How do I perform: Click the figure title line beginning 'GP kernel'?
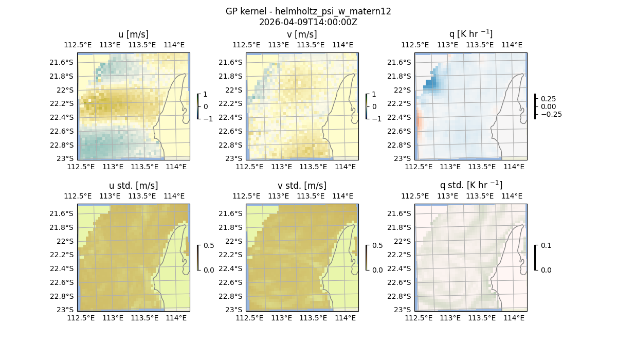pos(308,11)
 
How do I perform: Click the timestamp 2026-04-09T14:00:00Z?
pos(308,22)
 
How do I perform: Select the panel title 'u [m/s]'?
pos(133,34)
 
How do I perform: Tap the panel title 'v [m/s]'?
pos(302,34)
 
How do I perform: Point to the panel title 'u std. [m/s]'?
pos(133,186)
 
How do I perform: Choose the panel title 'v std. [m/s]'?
pos(302,186)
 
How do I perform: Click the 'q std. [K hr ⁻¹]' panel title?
pos(470,185)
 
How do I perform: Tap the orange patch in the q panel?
pos(419,122)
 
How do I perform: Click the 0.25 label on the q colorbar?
pos(549,99)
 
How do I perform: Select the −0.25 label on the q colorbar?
pos(551,114)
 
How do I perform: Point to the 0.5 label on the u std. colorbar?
pos(209,245)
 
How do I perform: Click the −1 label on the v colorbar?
pos(377,119)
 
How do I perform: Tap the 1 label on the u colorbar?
pos(206,94)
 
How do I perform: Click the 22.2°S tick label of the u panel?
pos(61,103)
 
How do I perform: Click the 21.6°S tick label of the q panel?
pos(398,62)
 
